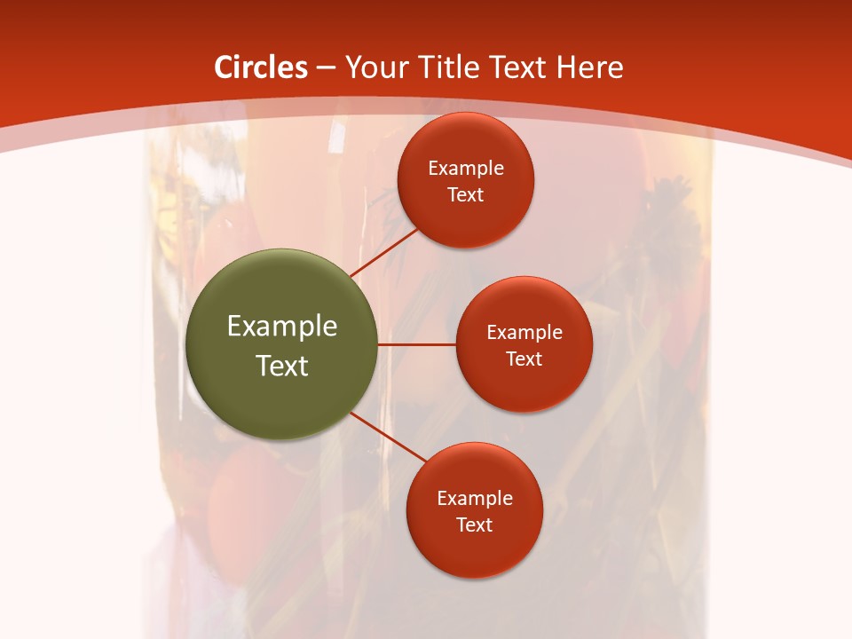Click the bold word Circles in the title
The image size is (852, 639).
tap(261, 67)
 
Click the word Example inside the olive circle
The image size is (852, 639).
tap(282, 327)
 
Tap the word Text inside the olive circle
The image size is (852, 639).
tap(282, 366)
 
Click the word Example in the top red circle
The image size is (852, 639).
tap(465, 169)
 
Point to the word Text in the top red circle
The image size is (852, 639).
tap(465, 195)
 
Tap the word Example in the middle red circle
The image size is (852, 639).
tap(524, 333)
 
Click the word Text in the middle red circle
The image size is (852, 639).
tap(524, 359)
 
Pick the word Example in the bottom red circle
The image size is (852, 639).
tap(474, 499)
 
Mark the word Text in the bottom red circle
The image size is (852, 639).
tap(474, 525)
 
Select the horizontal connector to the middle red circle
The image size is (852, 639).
tap(417, 344)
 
